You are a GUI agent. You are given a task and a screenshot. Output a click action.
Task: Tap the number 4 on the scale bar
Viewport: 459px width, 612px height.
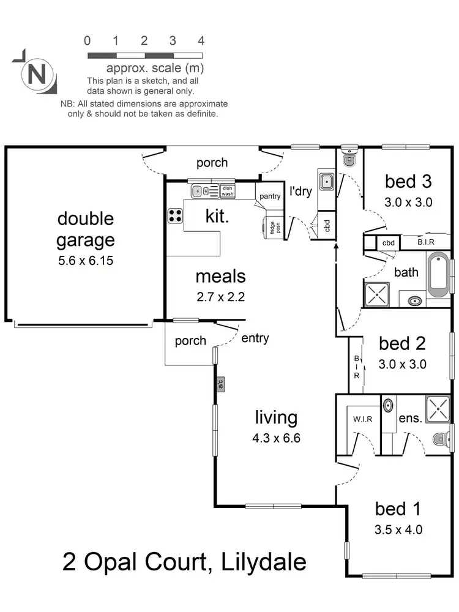tap(201, 41)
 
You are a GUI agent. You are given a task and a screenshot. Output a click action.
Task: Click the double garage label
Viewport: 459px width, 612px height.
tap(86, 229)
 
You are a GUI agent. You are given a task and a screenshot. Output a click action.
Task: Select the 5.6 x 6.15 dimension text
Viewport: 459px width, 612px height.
tap(86, 261)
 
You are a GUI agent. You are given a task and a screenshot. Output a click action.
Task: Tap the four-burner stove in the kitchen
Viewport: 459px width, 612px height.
tap(176, 215)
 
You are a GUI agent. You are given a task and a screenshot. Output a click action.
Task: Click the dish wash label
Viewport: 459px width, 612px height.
tap(228, 191)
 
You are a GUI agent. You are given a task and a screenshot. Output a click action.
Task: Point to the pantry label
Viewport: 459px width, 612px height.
tap(269, 196)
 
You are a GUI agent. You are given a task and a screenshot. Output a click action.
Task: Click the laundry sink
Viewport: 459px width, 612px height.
tap(327, 181)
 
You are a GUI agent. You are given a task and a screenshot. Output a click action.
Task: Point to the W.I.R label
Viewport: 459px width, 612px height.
tap(359, 420)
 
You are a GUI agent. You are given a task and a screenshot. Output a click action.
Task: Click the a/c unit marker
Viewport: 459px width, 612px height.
tap(221, 384)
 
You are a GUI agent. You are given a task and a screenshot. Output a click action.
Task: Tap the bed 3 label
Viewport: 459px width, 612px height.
tap(408, 181)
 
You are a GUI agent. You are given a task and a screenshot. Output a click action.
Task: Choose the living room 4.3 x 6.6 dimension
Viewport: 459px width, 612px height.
tap(276, 438)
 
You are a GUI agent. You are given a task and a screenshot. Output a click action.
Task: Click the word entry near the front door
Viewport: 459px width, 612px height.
tap(255, 338)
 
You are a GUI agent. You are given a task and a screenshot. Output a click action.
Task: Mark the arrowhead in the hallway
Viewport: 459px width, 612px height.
tap(336, 247)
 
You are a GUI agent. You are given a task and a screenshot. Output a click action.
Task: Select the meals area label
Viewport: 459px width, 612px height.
tap(220, 277)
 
